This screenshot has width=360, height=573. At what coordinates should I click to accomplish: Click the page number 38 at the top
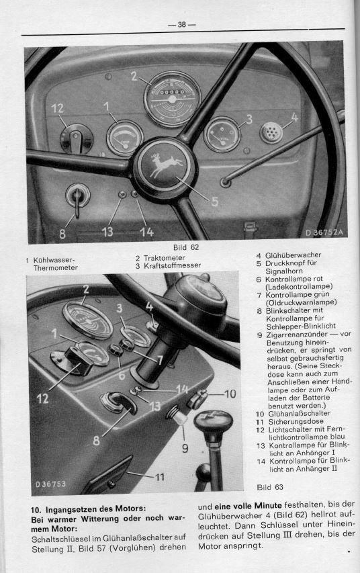181,25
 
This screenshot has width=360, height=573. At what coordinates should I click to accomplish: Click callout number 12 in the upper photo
56,107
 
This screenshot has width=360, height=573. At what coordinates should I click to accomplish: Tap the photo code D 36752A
324,232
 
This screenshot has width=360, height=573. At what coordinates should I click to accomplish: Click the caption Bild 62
185,247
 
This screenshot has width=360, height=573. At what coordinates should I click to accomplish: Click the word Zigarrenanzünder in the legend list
300,335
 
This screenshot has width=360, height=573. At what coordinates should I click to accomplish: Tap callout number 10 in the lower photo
229,394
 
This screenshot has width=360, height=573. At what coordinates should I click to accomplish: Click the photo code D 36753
51,484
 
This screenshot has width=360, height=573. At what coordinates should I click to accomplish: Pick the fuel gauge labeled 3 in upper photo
221,135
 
